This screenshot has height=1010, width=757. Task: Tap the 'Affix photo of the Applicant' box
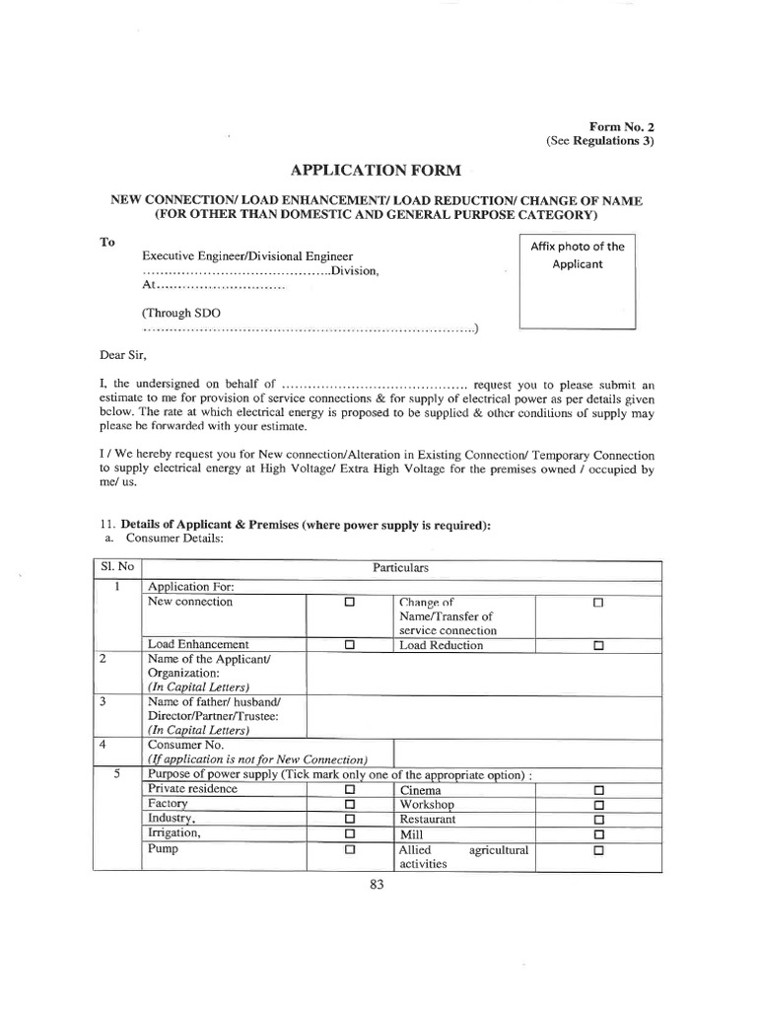[577, 281]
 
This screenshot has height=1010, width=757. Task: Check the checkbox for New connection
[349, 603]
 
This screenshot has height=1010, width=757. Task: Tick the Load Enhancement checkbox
[349, 646]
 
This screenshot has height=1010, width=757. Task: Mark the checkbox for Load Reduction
[597, 646]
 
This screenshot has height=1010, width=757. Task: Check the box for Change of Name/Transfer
[597, 603]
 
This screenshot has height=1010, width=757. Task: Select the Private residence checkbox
[349, 790]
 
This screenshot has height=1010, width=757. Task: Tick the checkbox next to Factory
[349, 805]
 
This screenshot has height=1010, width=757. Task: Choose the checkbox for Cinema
[597, 790]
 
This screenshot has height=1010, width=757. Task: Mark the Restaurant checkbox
[597, 820]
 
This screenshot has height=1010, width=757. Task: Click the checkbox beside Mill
[597, 834]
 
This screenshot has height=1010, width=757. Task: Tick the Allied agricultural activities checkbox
[597, 850]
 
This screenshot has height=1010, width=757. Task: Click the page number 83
[376, 885]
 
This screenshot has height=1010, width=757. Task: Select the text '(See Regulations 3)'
[600, 142]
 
